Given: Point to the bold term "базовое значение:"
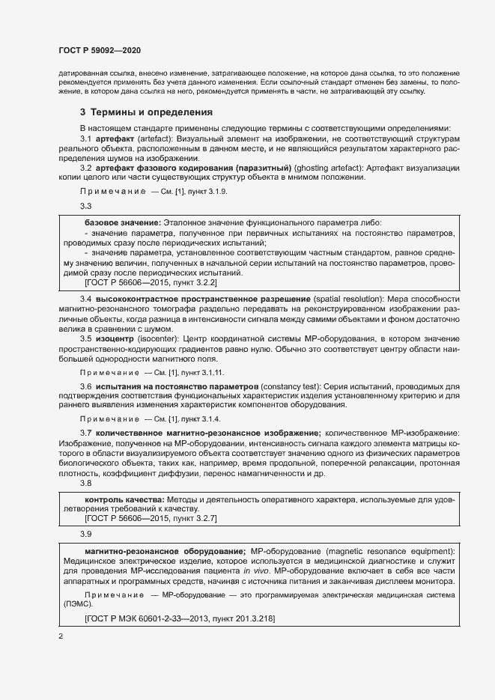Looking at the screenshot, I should pyautogui.click(x=121, y=223).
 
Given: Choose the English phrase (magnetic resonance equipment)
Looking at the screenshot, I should pyautogui.click(x=389, y=551).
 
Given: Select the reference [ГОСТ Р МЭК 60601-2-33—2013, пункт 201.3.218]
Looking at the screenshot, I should pyautogui.click(x=180, y=619).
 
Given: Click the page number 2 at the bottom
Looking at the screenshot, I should pyautogui.click(x=61, y=636).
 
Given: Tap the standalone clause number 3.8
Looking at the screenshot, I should pyautogui.click(x=85, y=484).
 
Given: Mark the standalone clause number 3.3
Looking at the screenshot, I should pyautogui.click(x=85, y=206).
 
